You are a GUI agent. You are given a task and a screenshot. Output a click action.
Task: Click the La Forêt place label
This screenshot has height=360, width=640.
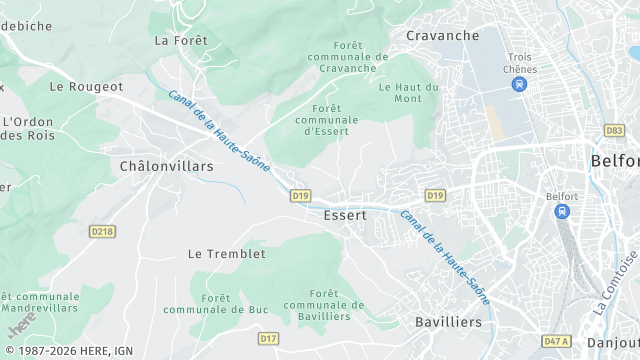click(181, 41)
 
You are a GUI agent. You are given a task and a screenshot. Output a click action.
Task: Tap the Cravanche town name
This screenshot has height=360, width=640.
click(443, 35)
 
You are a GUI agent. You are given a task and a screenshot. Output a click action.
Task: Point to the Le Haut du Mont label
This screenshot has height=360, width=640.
click(409, 93)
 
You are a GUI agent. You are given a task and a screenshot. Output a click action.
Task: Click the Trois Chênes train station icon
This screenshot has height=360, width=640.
click(519, 85)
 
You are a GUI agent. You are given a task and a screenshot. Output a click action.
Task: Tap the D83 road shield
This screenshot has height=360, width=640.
click(614, 130)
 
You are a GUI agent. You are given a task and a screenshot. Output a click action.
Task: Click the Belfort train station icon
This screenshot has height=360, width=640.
click(562, 212)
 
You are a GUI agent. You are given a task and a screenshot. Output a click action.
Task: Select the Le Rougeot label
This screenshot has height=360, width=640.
click(86, 87)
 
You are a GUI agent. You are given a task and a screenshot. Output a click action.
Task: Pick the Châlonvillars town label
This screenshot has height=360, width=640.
click(166, 166)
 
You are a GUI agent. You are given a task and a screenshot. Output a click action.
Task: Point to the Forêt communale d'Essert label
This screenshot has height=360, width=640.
click(327, 119)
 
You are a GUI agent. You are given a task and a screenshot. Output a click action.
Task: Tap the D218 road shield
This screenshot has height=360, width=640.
click(102, 231)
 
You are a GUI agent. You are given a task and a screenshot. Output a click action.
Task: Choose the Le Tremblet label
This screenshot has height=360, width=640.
click(227, 254)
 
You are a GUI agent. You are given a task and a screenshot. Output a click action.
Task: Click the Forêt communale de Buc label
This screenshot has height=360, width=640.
click(217, 304)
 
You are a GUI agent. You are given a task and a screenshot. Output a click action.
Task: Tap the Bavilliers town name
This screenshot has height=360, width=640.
click(448, 322)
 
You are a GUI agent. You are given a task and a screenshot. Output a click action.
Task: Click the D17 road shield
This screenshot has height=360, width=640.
click(268, 339)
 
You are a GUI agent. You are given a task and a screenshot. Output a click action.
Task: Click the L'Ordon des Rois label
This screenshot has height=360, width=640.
click(27, 129)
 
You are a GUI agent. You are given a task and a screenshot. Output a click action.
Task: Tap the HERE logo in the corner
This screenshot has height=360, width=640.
click(22, 325)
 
